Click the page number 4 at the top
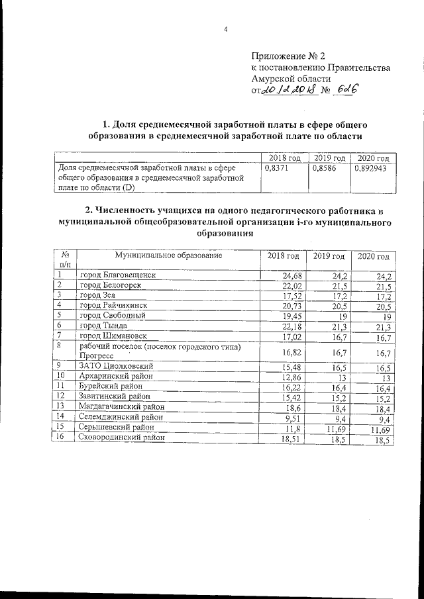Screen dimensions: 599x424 pyautogui.click(x=225, y=29)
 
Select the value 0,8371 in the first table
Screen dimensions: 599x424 pyautogui.click(x=278, y=169)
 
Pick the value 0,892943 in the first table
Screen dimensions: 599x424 pyautogui.click(x=371, y=169)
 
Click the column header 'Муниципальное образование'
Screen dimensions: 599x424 pyautogui.click(x=168, y=255)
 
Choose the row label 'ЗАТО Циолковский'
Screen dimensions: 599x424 pyautogui.click(x=117, y=365)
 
